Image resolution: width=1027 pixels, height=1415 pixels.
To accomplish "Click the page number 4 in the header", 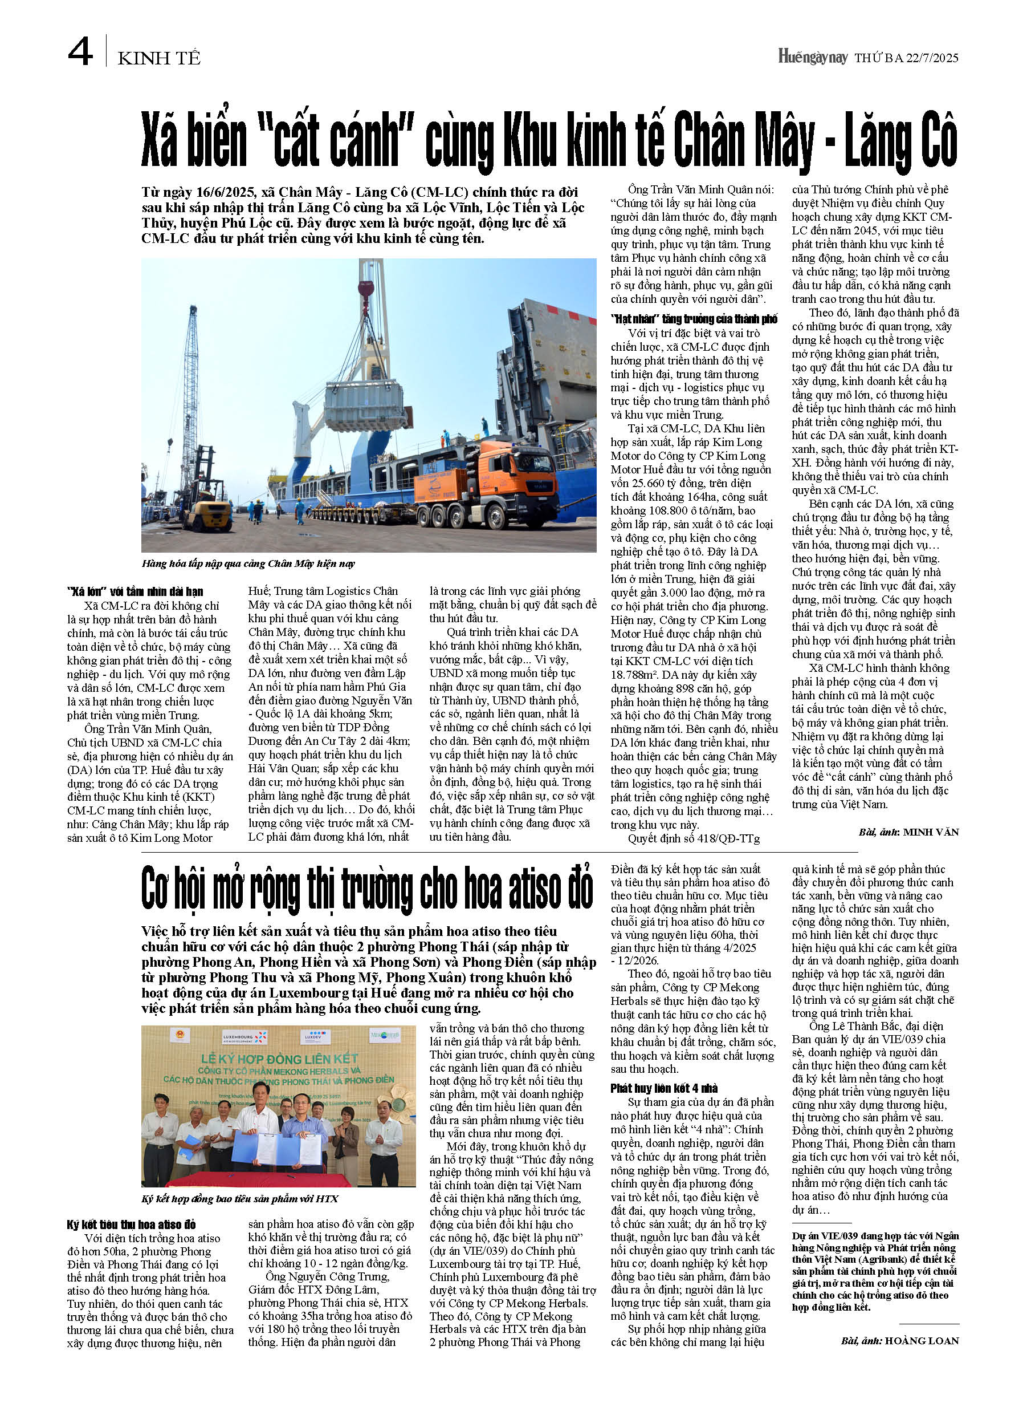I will [80, 52].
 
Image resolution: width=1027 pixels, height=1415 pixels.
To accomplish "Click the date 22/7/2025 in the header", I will [932, 58].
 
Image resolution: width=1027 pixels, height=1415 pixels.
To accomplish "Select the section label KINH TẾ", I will [159, 59].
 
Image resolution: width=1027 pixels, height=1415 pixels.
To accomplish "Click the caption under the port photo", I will [248, 564].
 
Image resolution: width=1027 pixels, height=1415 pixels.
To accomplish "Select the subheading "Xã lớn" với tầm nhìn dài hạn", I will [135, 591].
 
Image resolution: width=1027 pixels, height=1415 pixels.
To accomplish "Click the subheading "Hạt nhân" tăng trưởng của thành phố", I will [694, 319].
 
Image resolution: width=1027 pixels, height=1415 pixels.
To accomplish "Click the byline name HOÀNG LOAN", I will [922, 1340].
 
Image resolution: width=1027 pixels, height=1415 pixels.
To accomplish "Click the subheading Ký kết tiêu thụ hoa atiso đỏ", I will [132, 1224].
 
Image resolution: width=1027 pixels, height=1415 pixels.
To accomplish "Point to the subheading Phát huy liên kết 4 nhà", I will [664, 1088].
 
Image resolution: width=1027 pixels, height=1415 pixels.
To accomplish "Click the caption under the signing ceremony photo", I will [239, 1198].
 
